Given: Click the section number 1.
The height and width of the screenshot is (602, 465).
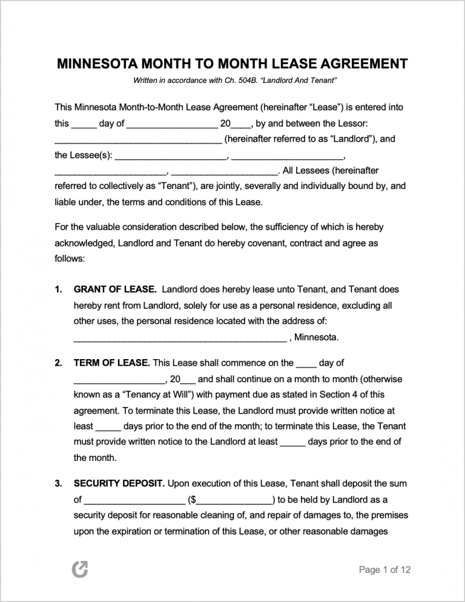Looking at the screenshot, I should point(58,289).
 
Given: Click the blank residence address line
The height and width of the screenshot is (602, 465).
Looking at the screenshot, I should point(180,337).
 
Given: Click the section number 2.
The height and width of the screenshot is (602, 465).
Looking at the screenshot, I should point(58,363).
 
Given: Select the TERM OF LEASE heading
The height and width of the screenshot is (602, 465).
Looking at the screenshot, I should point(111,363).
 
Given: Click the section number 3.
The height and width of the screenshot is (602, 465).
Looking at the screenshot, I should point(58,484).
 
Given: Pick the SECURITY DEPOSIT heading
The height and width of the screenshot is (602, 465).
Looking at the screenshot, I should point(119,484).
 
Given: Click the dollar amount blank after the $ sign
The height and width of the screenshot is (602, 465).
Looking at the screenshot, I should point(235,500).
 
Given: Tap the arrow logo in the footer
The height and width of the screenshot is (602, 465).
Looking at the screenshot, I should point(79,569).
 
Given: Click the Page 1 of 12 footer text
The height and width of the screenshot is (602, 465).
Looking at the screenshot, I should point(384,570).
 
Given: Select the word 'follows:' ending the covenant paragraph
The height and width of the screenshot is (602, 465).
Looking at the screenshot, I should point(70,258).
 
